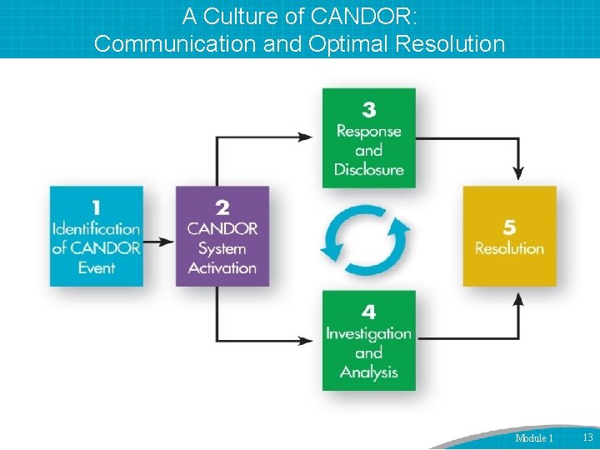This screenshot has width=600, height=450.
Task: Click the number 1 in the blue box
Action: point(97,207)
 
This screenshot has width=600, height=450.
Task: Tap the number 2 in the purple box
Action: point(222,207)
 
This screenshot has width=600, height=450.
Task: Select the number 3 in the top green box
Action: point(368,110)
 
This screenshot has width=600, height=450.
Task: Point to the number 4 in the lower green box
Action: point(368,312)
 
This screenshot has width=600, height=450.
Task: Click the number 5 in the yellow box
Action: point(509,227)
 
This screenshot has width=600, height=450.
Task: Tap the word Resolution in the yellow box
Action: point(509,248)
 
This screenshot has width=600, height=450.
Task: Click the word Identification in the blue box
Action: point(97,228)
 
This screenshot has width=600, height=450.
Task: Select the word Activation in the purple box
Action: point(222,268)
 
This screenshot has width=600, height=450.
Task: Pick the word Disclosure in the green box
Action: point(368,170)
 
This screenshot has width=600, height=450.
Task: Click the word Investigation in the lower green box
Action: point(368,333)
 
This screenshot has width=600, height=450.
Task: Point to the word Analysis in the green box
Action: point(368,372)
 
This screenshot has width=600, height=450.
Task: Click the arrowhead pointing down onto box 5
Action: point(518,173)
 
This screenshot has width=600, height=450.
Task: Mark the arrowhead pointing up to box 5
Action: point(518,298)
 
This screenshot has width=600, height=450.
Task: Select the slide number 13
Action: point(587,437)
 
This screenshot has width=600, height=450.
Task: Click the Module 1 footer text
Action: point(534,438)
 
